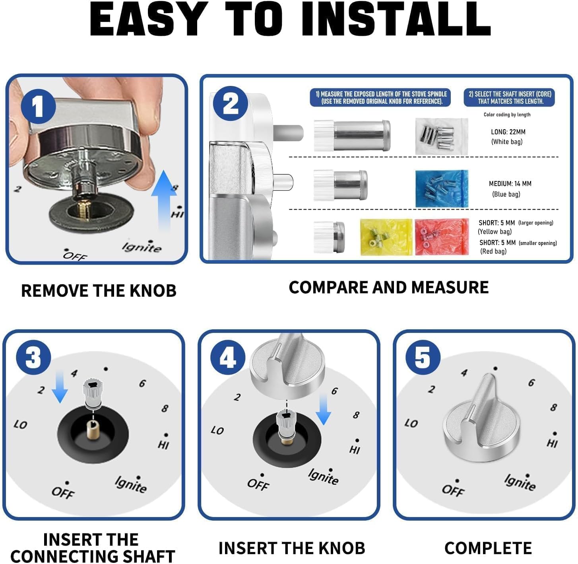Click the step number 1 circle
point(38,107)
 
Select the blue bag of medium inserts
point(442,189)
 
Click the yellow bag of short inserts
point(386,237)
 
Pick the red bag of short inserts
point(442,237)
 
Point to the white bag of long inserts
point(442,136)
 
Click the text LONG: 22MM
point(508,132)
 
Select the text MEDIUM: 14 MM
point(510,184)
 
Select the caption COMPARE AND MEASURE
point(388,288)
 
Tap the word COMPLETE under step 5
point(488,548)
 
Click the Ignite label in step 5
point(520,482)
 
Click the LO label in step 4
point(217,430)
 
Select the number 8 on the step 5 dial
point(553,408)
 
